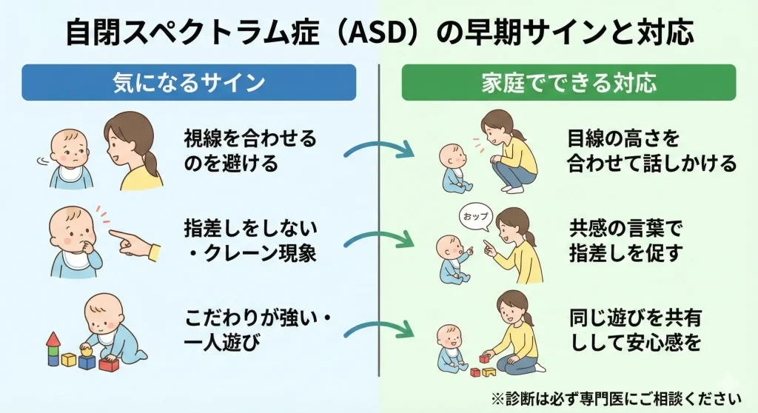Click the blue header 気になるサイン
pyautogui.click(x=189, y=82)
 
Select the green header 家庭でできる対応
pyautogui.click(x=569, y=82)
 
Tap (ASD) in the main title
pyautogui.click(x=378, y=33)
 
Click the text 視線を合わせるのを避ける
pyautogui.click(x=250, y=150)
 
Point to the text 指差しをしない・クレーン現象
pyautogui.click(x=250, y=241)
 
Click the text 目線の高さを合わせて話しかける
pyautogui.click(x=651, y=150)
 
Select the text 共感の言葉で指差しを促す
pyautogui.click(x=626, y=241)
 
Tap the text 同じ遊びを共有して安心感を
pyautogui.click(x=635, y=330)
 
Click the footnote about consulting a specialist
pyautogui.click(x=617, y=399)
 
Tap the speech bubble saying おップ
pyautogui.click(x=476, y=217)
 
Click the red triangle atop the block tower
pyautogui.click(x=53, y=340)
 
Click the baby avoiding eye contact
pyautogui.click(x=70, y=158)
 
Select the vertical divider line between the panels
pyautogui.click(x=379, y=220)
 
